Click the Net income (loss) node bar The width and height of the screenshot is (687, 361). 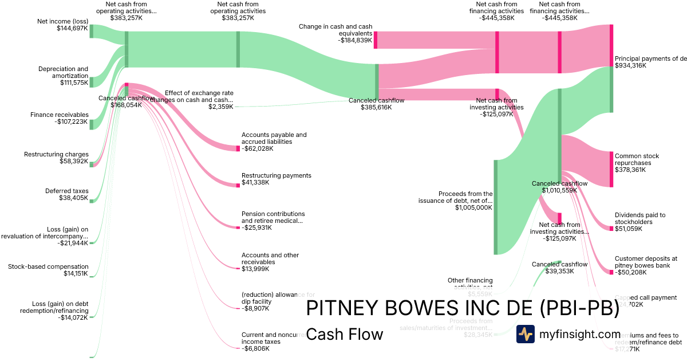pyautogui.click(x=91, y=31)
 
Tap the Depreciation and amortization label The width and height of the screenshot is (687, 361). pyautogui.click(x=63, y=72)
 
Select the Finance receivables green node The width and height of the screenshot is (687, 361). pyautogui.click(x=91, y=124)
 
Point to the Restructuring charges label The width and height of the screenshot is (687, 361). pyautogui.click(x=56, y=154)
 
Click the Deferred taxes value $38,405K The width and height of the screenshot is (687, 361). pyautogui.click(x=74, y=198)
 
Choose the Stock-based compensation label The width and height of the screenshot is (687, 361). pyautogui.click(x=48, y=266)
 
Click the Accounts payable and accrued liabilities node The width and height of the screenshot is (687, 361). pyautogui.click(x=238, y=148)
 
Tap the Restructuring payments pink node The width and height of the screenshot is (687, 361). pyautogui.click(x=238, y=185)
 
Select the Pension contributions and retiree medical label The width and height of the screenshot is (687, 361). pyautogui.click(x=273, y=217)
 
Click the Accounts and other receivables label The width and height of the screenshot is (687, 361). pyautogui.click(x=270, y=258)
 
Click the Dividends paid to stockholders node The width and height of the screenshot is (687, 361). pyautogui.click(x=611, y=229)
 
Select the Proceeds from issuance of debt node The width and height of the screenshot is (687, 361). pyautogui.click(x=496, y=207)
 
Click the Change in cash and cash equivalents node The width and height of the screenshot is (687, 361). pyautogui.click(x=376, y=40)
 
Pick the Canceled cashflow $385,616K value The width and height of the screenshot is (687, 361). pyautogui.click(x=376, y=107)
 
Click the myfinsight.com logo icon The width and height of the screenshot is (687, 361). pyautogui.click(x=525, y=334)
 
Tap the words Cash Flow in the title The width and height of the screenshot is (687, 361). pyautogui.click(x=345, y=334)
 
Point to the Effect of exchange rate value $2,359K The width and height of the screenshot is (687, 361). pyautogui.click(x=220, y=107)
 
